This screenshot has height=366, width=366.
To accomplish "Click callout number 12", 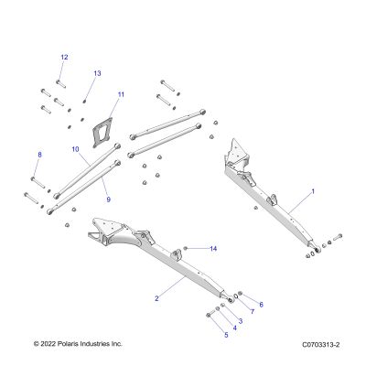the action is point(64,57).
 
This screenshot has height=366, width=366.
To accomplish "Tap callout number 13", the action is point(97,73).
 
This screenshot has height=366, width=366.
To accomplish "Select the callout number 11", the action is point(121,94).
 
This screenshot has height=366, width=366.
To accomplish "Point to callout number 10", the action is point(75,149).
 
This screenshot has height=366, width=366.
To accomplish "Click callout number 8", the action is point(39,155).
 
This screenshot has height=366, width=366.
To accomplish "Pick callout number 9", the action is point(109,199).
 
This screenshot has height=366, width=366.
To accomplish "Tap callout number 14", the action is point(213,249).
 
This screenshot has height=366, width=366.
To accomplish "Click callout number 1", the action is point(313,191).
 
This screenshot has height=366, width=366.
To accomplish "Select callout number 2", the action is point(156,298).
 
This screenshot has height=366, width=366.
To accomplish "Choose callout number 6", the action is point(261,305).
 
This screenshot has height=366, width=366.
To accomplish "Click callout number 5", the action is point(226,335).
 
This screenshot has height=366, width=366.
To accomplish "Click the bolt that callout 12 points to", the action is point(61,83).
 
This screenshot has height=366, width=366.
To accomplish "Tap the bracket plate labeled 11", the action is point(102,133).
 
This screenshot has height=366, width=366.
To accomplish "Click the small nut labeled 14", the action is point(185,249).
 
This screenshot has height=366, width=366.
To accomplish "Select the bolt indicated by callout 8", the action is point(38,182).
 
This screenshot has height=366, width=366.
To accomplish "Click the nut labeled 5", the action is point(209,315).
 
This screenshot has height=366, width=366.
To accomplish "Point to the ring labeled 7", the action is point(236,296).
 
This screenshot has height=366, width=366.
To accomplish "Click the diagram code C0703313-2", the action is point(321,345).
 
